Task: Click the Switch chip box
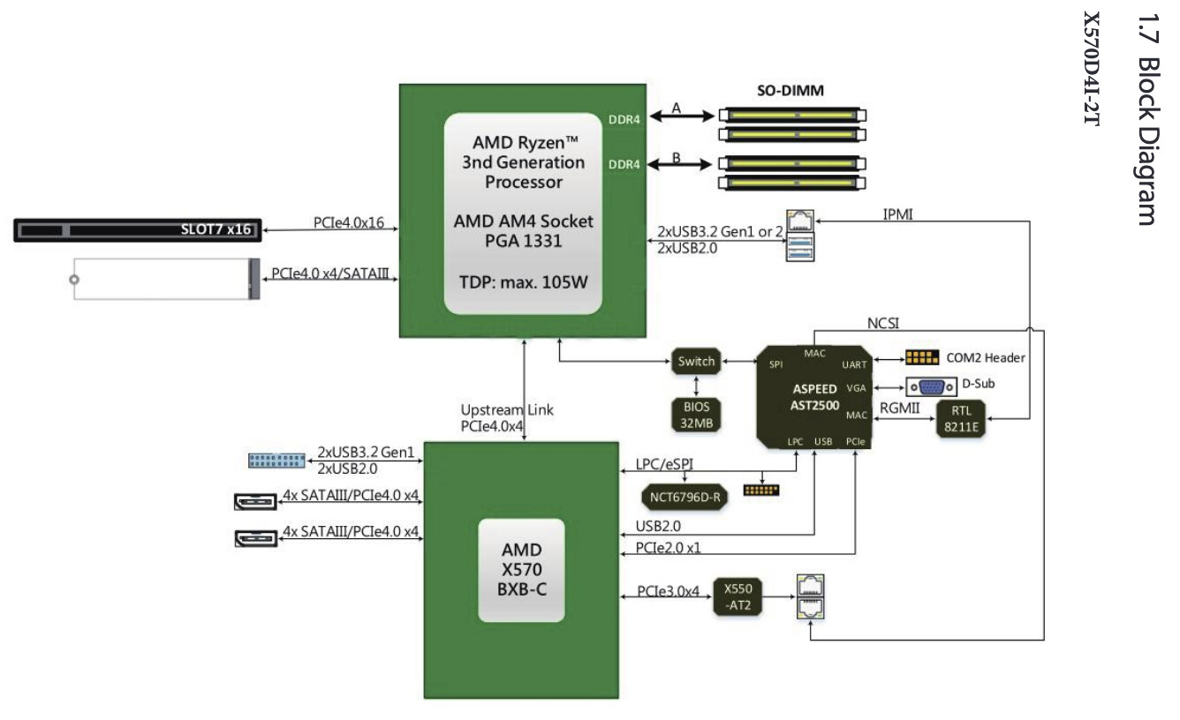point(696,361)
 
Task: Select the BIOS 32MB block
point(696,414)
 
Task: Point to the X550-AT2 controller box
point(737,597)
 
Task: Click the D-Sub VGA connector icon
point(932,386)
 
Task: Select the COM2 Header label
point(985,358)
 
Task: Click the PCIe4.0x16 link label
point(348,223)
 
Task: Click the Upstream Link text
point(507,410)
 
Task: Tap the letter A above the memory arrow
point(677,108)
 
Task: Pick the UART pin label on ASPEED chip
point(854,364)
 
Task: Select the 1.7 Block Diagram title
point(1146,119)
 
